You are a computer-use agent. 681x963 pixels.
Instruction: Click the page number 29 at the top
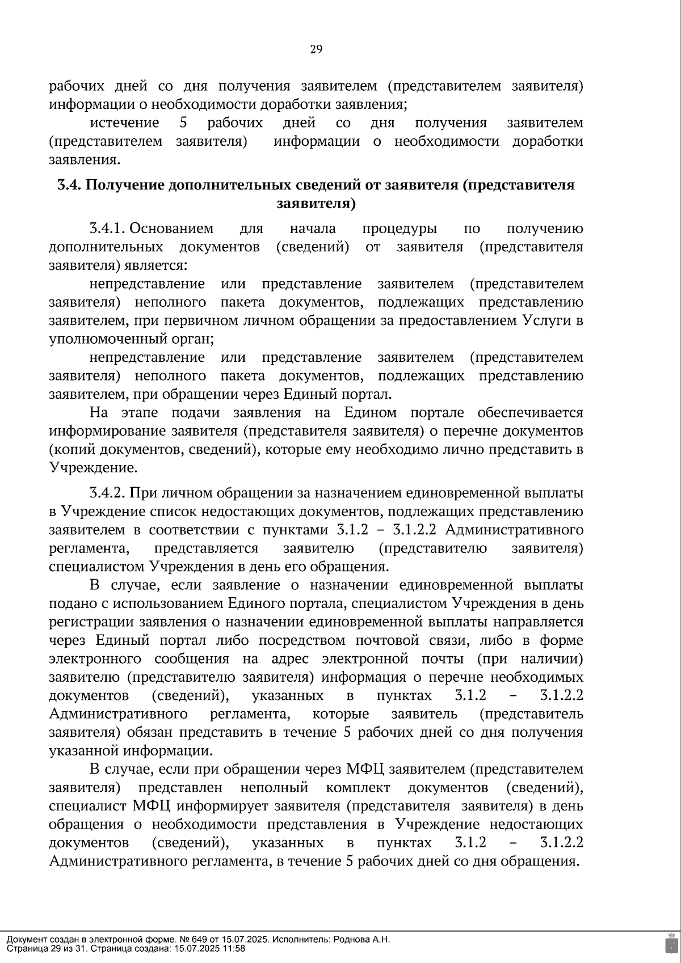[316, 50]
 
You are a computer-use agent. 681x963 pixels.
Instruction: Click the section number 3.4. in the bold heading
[70, 185]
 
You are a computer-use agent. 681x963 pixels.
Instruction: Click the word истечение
[125, 123]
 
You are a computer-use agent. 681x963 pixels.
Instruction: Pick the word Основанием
[172, 229]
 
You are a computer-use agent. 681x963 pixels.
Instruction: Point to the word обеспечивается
[530, 413]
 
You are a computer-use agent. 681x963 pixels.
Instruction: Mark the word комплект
[358, 788]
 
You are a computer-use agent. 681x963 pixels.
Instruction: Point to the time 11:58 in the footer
[234, 948]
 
